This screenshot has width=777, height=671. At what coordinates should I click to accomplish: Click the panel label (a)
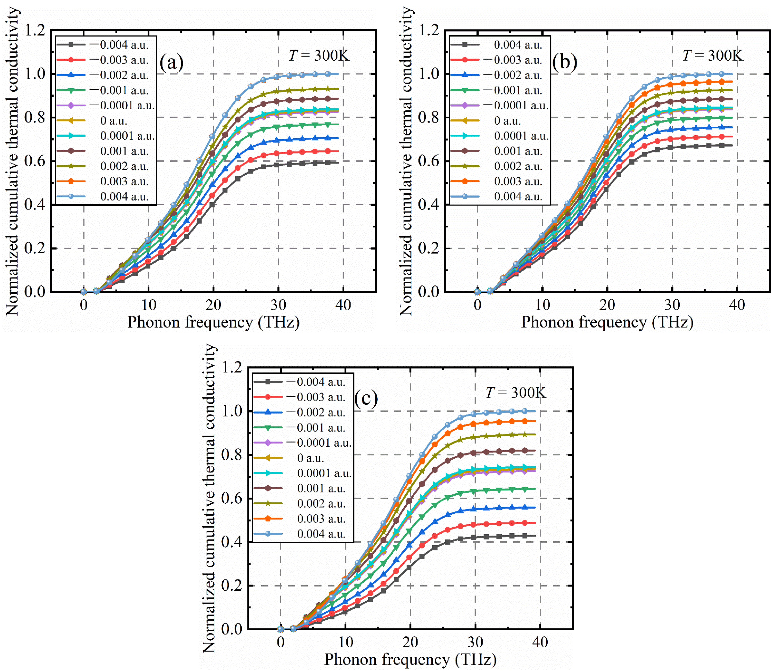point(171,63)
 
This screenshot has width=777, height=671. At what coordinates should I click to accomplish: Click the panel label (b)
point(564,63)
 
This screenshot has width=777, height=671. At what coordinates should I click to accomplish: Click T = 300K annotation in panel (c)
point(516,393)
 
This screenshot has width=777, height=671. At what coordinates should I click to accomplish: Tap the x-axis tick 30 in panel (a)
point(278,305)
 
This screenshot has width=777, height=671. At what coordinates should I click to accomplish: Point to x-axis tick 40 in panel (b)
point(737,305)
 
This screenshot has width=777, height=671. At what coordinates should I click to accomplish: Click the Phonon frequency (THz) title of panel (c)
point(410,659)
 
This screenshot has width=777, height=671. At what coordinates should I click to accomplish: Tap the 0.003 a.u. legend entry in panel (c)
point(321,519)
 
